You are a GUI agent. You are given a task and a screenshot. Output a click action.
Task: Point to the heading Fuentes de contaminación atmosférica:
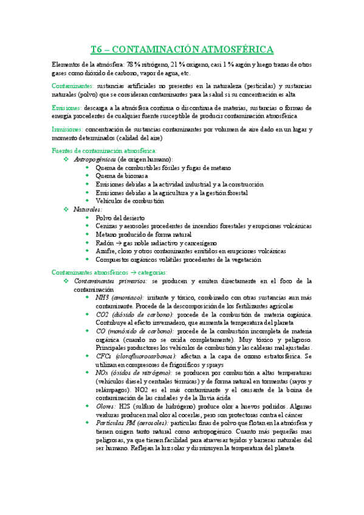pos(105,150)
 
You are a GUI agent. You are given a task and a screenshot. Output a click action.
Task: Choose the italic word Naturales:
pos(88,209)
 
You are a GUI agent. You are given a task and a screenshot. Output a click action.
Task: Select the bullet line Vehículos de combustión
pos(129,200)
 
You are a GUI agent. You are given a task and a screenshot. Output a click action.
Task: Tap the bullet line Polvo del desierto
pos(120,217)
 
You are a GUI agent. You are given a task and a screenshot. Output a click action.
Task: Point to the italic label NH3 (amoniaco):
pos(120,298)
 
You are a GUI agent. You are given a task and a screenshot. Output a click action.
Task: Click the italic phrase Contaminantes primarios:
pos(110,281)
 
